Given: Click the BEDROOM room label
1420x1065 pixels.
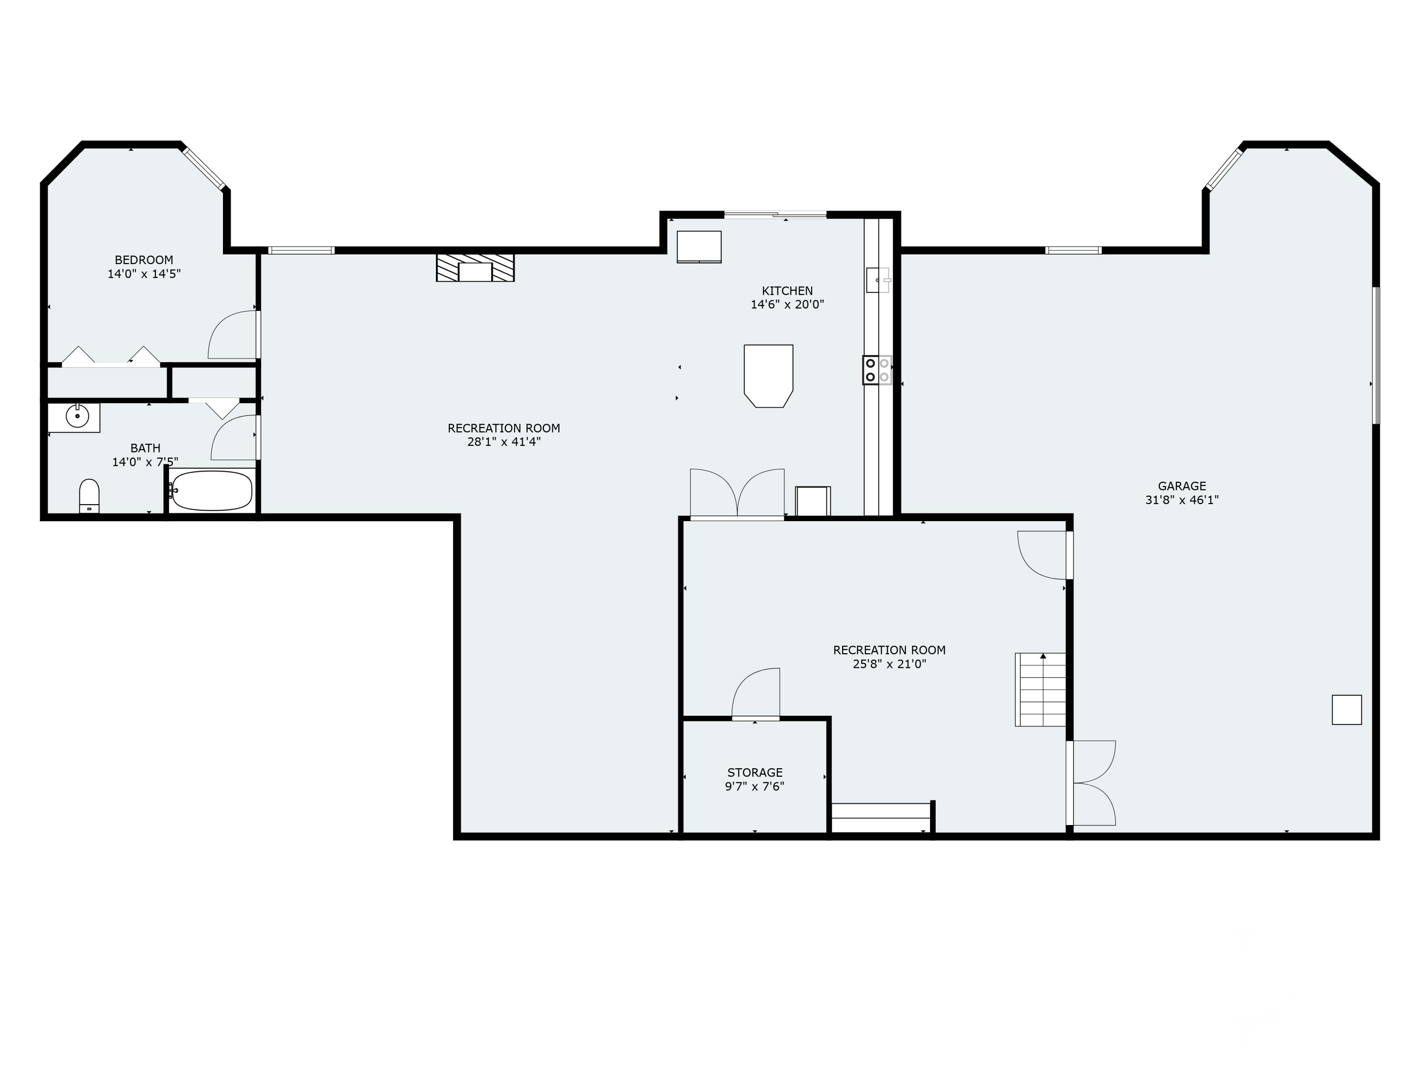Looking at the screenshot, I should [144, 260].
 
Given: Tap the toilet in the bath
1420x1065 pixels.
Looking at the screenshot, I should [89, 496].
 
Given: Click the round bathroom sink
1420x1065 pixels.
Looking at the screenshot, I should [78, 417].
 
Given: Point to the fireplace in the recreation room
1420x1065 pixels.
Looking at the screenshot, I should [475, 268].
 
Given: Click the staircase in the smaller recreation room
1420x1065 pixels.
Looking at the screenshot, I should [1040, 690].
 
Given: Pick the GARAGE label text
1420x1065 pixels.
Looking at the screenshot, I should [1182, 486].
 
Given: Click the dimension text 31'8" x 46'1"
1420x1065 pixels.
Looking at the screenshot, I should [1182, 500].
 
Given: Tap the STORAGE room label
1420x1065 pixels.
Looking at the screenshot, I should [755, 772].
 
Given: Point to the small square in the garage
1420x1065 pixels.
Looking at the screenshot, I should [1347, 710].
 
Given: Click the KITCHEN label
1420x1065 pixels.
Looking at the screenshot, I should [787, 291].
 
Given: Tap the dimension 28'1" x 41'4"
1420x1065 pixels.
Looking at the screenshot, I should [504, 442].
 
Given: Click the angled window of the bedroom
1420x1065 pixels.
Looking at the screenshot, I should [204, 169].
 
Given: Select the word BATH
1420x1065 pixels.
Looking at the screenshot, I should [145, 448].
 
